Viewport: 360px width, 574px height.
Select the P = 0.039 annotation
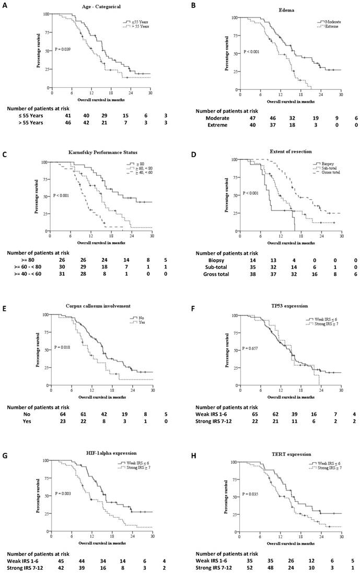tap(63, 49)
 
